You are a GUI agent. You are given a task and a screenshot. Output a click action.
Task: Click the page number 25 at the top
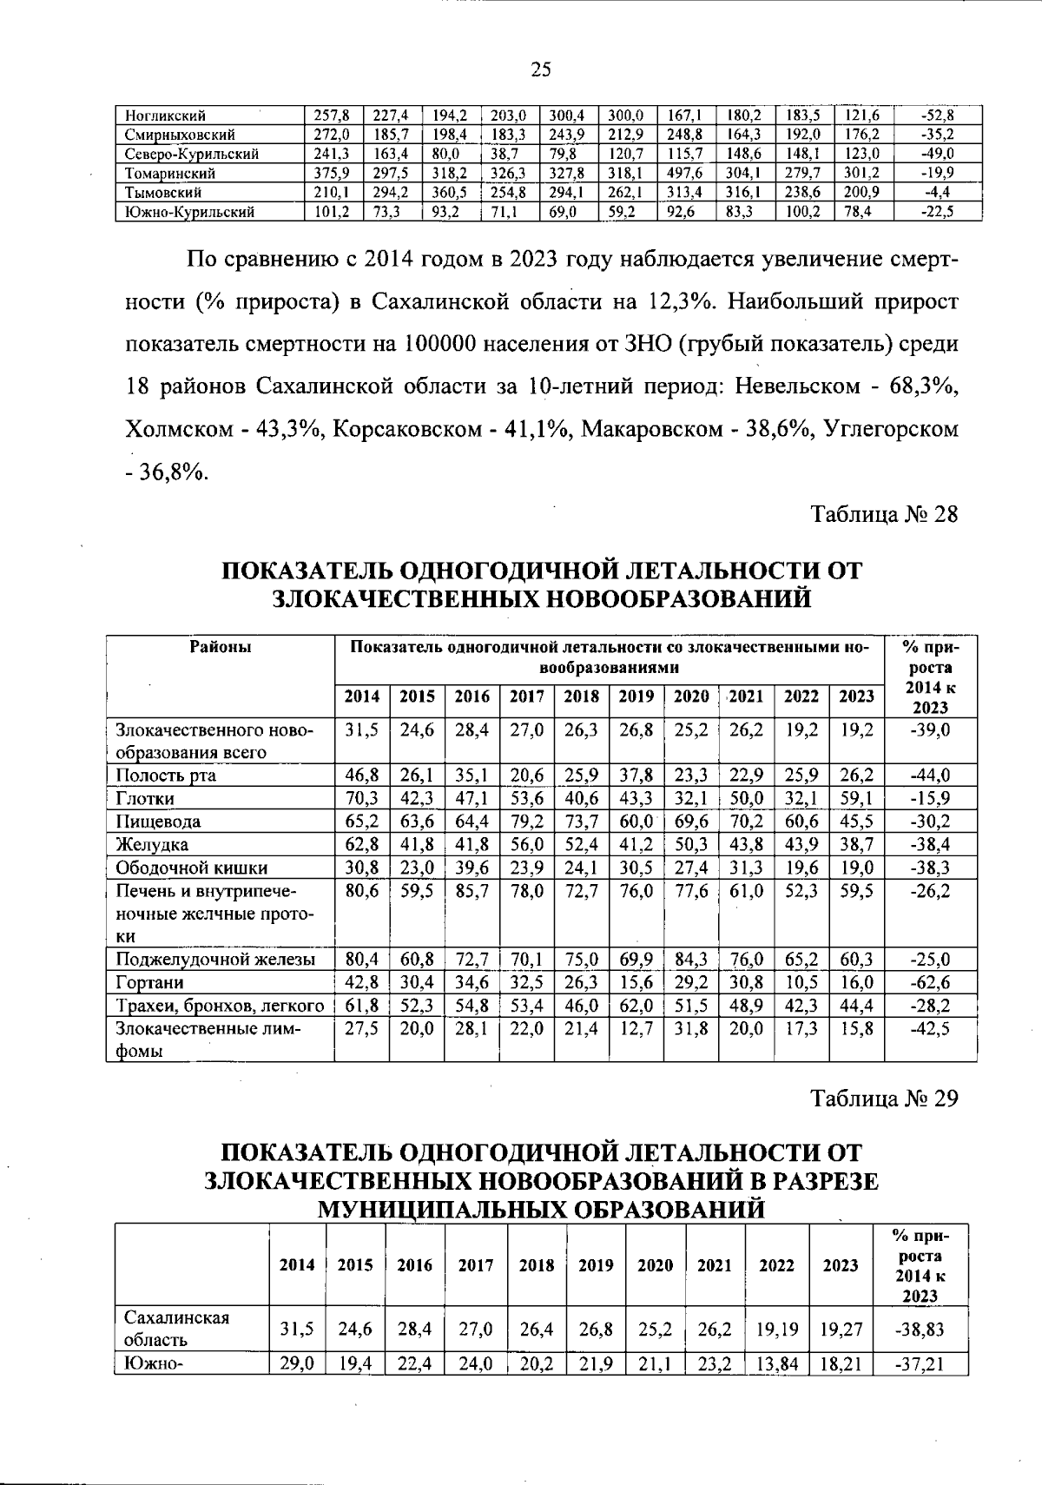(x=541, y=70)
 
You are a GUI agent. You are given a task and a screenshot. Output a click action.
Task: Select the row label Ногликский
(x=165, y=115)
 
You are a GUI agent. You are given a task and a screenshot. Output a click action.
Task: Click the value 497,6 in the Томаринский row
(x=685, y=173)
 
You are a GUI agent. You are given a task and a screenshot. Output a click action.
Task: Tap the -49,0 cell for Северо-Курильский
(x=938, y=154)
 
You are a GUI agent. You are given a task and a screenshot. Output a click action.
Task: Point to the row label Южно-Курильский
(x=189, y=211)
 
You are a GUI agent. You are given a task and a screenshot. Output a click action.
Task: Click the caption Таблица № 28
(x=885, y=514)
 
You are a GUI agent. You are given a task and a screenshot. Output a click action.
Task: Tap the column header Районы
(x=221, y=647)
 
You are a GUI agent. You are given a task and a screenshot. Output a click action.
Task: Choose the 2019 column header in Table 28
(x=636, y=696)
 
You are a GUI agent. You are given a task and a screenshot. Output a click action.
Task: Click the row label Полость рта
(x=166, y=775)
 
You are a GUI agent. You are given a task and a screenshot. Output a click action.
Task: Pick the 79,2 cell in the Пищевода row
(x=526, y=822)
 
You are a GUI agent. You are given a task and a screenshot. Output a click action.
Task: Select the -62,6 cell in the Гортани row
(x=929, y=982)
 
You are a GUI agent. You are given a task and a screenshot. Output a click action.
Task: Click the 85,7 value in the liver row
(x=472, y=891)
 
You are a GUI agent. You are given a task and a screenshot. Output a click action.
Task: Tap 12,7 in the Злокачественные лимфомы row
(x=636, y=1029)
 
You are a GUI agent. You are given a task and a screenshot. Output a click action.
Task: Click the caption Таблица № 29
(x=885, y=1099)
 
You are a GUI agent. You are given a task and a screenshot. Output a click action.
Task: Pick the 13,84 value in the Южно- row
(x=776, y=1364)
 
